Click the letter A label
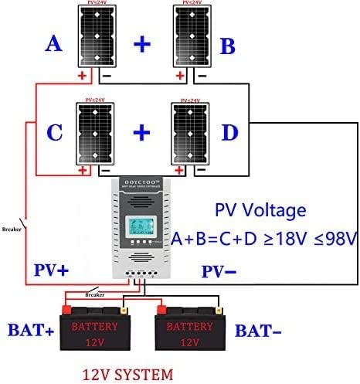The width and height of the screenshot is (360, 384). point(53,44)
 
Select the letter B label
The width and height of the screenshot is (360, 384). point(227,46)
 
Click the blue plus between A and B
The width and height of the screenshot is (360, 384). point(141,44)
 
